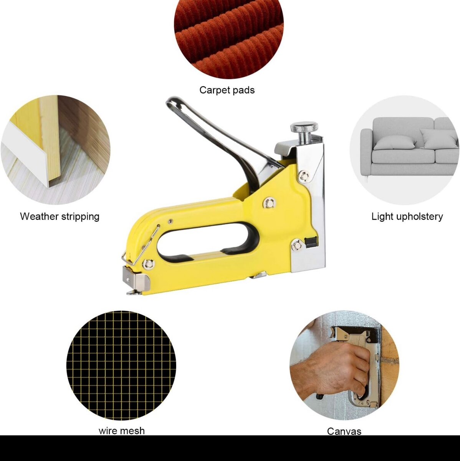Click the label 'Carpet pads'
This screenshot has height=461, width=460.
[227, 90]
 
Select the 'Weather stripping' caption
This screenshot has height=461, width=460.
[60, 217]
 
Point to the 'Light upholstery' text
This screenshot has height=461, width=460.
[407, 217]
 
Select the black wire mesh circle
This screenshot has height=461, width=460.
[121, 366]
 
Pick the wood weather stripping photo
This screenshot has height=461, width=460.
[56, 150]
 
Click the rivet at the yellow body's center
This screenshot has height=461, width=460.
[270, 203]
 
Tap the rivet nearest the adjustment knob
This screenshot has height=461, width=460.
[304, 176]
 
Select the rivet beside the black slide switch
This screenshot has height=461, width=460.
[297, 245]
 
